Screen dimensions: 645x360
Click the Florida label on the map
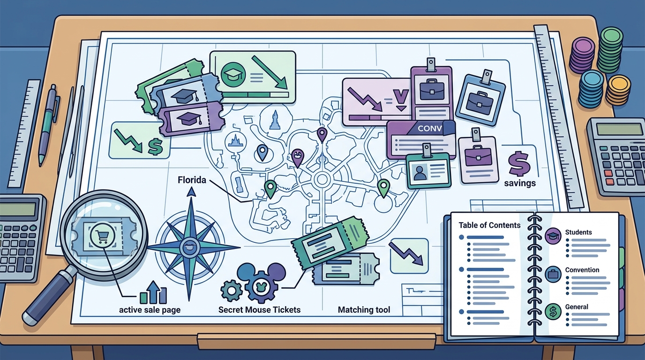pos(192,180)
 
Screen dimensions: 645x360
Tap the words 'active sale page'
pos(150,310)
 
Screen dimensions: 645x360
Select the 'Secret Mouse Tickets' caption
pos(259,309)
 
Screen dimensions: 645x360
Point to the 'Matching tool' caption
pos(364,309)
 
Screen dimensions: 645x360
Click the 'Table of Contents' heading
pos(489,225)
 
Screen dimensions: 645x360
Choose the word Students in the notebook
pos(578,232)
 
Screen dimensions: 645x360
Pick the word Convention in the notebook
pos(582,270)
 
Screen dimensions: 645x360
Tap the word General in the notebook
pos(577,307)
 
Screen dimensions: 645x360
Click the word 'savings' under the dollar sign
pos(520,183)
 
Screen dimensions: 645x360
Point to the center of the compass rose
pos(189,247)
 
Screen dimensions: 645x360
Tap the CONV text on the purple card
pos(429,128)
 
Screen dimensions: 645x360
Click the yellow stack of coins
pos(618,90)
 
